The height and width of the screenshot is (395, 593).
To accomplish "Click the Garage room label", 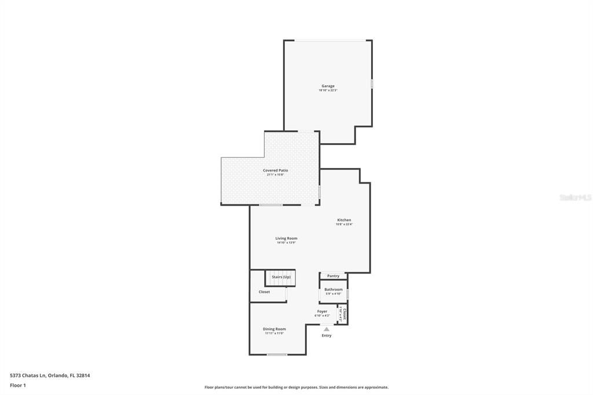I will [328, 86].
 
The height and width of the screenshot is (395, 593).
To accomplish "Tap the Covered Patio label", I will [275, 170].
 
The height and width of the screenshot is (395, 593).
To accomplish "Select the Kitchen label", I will [344, 220].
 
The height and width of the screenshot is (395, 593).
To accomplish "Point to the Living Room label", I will [286, 238].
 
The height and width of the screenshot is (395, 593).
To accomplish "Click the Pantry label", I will [333, 276].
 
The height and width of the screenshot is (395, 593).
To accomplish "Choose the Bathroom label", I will [333, 290].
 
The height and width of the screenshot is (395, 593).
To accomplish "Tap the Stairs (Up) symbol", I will [281, 277].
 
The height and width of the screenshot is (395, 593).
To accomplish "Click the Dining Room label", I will [274, 329].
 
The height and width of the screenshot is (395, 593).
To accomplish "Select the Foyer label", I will [322, 312].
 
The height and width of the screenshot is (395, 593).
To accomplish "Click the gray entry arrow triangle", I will [327, 329].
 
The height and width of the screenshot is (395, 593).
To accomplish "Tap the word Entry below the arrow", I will [327, 335].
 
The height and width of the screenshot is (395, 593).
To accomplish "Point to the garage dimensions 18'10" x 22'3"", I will [328, 90].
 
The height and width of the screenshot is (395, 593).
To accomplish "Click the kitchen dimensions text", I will [344, 224].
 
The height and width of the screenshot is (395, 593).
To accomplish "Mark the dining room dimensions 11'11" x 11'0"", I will [274, 333].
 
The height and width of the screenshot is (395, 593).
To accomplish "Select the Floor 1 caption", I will [18, 385].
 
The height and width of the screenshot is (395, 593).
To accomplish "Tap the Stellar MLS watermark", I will [575, 197].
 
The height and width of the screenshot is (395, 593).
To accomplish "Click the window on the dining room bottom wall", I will [277, 354].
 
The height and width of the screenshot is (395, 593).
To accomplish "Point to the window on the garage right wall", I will [372, 84].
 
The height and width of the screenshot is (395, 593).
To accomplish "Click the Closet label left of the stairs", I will [264, 292].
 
